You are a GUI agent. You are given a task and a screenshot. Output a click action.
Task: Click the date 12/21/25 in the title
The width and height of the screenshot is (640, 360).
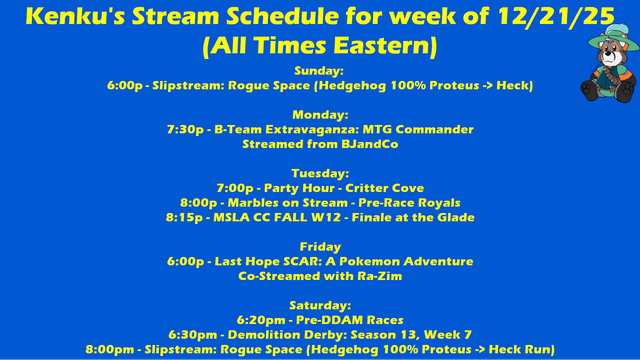pyautogui.click(x=556, y=17)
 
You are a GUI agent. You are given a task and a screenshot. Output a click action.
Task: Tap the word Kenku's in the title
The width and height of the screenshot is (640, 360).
pyautogui.click(x=75, y=16)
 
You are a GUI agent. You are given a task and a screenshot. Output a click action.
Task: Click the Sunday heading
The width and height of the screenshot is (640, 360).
pyautogui.click(x=319, y=71)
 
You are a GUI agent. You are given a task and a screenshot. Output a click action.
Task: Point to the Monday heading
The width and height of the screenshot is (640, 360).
pyautogui.click(x=320, y=115)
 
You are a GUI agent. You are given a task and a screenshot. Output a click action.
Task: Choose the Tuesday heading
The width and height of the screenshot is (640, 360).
pyautogui.click(x=320, y=173)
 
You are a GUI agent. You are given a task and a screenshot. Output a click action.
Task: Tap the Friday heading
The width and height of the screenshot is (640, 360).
pyautogui.click(x=320, y=247)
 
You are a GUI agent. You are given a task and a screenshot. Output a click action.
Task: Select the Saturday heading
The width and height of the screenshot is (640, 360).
pyautogui.click(x=320, y=305)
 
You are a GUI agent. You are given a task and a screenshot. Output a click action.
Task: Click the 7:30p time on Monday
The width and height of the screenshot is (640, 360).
pyautogui.click(x=185, y=130)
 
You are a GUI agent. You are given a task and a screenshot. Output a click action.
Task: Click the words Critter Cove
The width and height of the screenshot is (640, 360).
pyautogui.click(x=384, y=188)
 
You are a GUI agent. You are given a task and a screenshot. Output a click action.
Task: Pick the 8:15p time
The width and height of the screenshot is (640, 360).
pyautogui.click(x=184, y=218)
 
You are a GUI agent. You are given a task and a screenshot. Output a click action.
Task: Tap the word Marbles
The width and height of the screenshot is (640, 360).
pyautogui.click(x=253, y=203)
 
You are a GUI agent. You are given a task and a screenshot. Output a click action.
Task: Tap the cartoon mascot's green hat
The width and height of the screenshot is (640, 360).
pyautogui.click(x=613, y=39)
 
